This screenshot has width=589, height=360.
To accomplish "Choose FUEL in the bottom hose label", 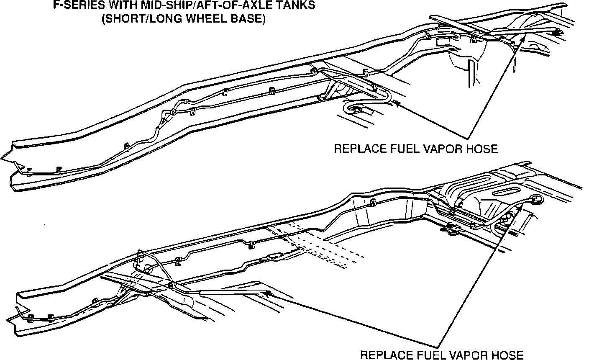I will pos(428,355).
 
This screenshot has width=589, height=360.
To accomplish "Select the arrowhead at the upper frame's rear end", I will pos(523,39).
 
